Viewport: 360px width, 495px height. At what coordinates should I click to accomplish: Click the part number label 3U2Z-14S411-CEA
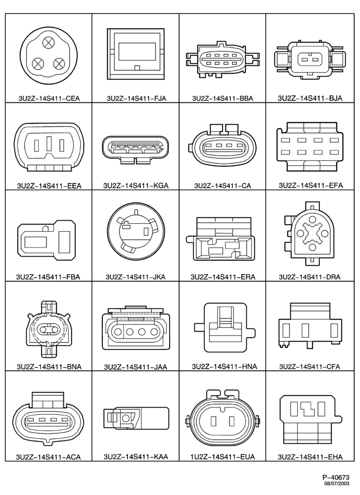pyautogui.click(x=48, y=99)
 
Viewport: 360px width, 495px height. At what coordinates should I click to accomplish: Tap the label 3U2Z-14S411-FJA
pyautogui.click(x=136, y=99)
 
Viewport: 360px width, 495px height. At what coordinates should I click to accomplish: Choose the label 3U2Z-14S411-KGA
pyautogui.click(x=135, y=186)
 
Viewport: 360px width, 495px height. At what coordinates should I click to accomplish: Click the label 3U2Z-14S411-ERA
pyautogui.click(x=223, y=277)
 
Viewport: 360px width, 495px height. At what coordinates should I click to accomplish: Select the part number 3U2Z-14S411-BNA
pyautogui.click(x=49, y=367)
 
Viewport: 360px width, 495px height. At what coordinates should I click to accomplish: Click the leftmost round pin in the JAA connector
pyautogui.click(x=118, y=332)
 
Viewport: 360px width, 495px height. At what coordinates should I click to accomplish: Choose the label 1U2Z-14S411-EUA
pyautogui.click(x=223, y=457)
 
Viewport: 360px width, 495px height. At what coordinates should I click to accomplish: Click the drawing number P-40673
pyautogui.click(x=336, y=477)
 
